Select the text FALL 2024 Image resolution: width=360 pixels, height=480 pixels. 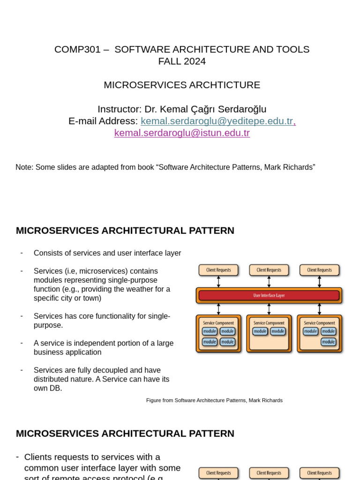tap(182, 61)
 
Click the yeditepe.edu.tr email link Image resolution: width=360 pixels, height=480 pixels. tap(217, 121)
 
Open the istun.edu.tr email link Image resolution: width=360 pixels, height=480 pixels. tap(182, 133)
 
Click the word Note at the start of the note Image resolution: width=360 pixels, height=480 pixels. tap(24, 167)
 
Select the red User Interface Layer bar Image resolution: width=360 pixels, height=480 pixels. tap(269, 295)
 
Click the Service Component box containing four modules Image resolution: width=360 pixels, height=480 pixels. tap(218, 334)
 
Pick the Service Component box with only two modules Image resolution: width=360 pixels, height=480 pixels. tap(269, 334)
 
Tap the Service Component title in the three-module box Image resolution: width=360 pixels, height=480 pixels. tap(319, 323)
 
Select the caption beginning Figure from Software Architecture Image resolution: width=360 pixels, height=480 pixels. tap(214, 400)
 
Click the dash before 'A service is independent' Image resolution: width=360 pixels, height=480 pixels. tap(22, 343)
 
